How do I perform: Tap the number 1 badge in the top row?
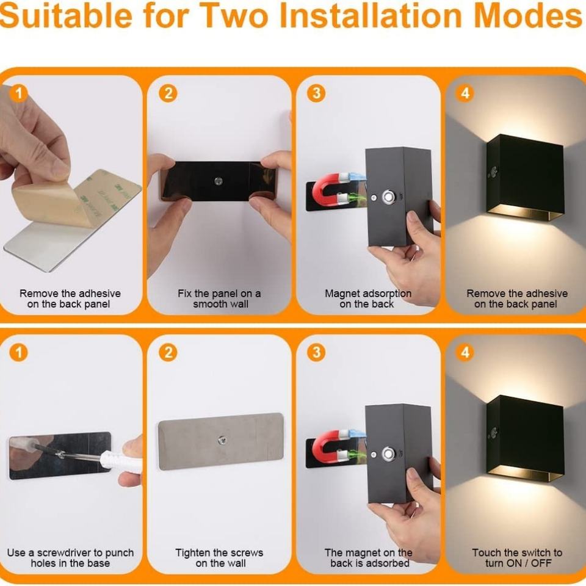coord(19,93)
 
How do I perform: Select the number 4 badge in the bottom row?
coord(465,352)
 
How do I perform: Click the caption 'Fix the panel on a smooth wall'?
coord(219,298)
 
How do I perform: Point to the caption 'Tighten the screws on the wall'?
coord(219,557)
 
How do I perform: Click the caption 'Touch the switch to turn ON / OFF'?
coord(517,557)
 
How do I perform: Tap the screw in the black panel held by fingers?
coord(219,181)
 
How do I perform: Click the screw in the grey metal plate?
coord(222,441)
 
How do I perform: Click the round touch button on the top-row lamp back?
coord(388,197)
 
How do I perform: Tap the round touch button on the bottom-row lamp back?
coord(388,454)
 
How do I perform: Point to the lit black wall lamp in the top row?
coord(525,177)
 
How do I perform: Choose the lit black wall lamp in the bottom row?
coord(525,438)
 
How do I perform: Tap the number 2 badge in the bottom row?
coord(168,352)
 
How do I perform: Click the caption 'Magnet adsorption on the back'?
coord(367,298)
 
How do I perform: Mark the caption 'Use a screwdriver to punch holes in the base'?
coord(70,557)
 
